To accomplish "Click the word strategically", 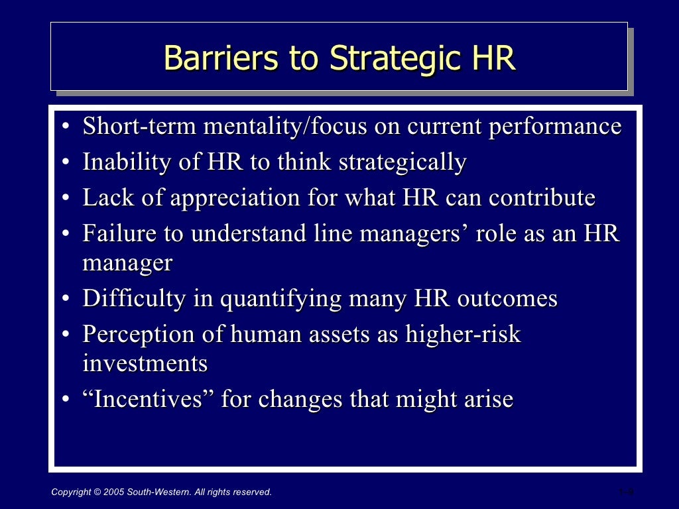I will [x=402, y=162].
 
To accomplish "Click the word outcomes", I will [x=507, y=298].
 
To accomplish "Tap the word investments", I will [x=145, y=363].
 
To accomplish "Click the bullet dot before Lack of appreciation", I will [x=66, y=199].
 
